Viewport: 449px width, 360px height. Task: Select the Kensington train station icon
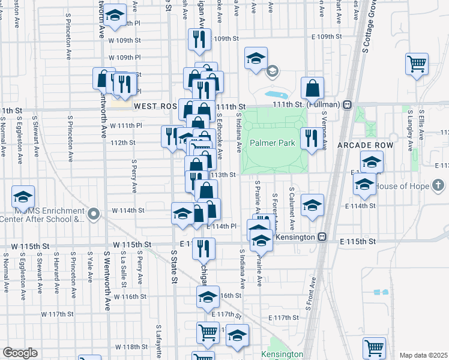(322, 238)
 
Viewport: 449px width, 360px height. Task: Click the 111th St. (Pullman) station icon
(347, 104)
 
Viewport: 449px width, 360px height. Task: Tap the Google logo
(20, 353)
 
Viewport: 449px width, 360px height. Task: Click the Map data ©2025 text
(423, 355)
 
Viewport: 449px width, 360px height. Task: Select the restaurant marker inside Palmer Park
(310, 137)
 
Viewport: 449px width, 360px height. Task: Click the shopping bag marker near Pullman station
(313, 89)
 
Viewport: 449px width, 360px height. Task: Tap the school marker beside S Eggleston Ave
(23, 197)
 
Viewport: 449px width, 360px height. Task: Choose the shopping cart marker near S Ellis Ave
(417, 63)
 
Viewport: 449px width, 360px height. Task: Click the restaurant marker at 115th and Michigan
(203, 247)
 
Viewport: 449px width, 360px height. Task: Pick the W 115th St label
(131, 245)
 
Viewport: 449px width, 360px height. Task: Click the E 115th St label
(357, 241)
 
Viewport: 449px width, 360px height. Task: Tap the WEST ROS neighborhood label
(155, 106)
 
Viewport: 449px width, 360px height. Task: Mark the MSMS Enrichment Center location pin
(93, 214)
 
